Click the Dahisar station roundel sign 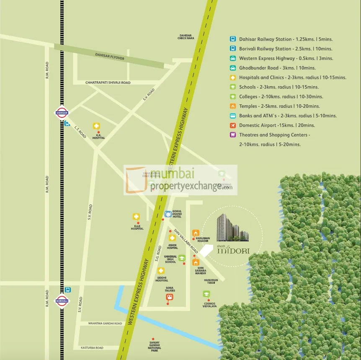[62, 112]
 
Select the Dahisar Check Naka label [186, 37]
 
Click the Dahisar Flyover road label [110, 57]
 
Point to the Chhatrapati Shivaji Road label [108, 83]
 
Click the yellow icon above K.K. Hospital [96, 126]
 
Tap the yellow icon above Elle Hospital [136, 217]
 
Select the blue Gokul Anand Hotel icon [168, 214]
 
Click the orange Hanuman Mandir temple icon [196, 233]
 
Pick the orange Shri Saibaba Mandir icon [196, 262]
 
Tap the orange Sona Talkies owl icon [170, 298]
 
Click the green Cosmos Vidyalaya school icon [206, 294]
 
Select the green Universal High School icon [182, 258]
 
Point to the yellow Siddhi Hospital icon [161, 271]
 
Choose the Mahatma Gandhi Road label [105, 324]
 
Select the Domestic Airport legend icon [232, 125]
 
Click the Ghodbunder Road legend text [277, 68]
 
